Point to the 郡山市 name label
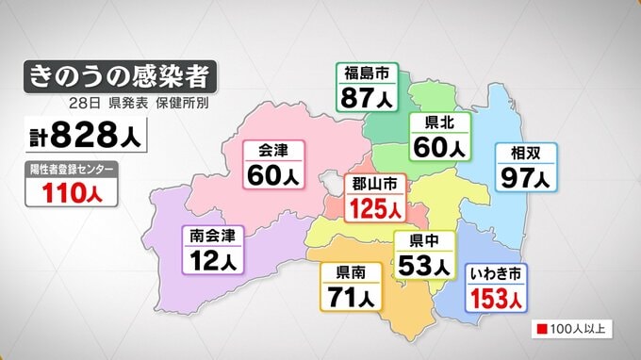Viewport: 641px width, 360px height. [x=375, y=183]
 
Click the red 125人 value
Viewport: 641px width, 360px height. [x=375, y=206]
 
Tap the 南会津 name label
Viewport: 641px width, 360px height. [x=212, y=233]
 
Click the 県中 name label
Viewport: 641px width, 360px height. [x=420, y=240]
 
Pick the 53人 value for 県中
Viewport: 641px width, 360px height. [x=420, y=265]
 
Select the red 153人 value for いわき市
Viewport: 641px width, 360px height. [x=497, y=298]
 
